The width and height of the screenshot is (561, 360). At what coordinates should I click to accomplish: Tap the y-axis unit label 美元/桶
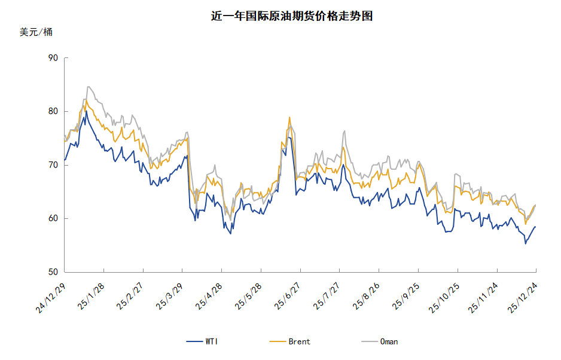[x=36, y=32]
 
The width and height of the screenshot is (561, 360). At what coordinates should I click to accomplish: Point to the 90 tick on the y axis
[x=53, y=58]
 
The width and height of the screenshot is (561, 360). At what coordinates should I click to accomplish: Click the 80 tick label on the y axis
[x=53, y=111]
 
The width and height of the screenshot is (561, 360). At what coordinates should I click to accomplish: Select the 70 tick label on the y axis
[x=53, y=165]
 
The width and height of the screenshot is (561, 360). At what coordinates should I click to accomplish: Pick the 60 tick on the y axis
[x=53, y=218]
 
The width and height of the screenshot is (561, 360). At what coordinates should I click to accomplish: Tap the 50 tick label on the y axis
[x=53, y=272]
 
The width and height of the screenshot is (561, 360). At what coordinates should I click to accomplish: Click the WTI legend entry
[x=202, y=341]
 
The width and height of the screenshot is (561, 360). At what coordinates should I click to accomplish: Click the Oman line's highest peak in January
[x=89, y=87]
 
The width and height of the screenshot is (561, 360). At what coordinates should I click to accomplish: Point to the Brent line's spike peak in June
[x=289, y=117]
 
